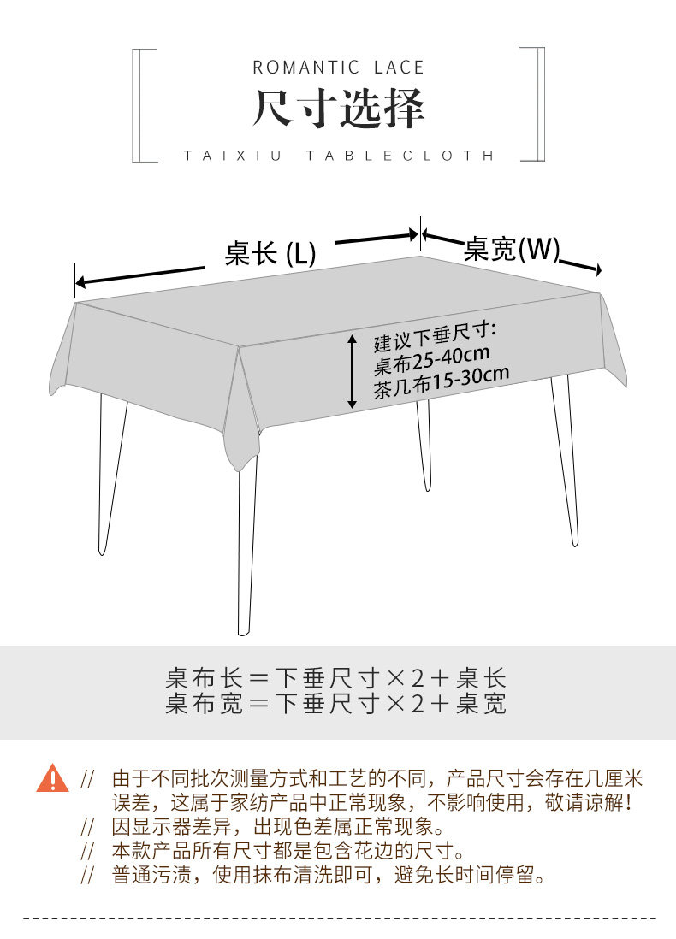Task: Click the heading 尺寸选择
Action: [338, 109]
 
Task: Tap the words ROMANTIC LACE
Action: [338, 67]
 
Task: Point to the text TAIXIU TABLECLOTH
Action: [339, 156]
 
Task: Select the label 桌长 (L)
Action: [270, 253]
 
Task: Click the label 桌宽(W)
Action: [511, 249]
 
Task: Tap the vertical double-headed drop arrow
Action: [352, 371]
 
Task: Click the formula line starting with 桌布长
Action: [336, 679]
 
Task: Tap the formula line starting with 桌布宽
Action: [336, 704]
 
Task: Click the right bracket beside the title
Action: [537, 105]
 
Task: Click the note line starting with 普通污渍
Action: [329, 875]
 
